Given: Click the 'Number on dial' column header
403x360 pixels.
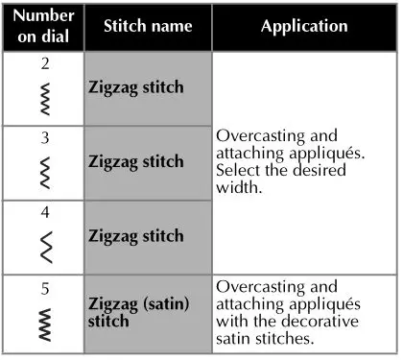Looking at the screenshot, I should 42,27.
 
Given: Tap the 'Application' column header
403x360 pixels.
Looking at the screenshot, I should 304,26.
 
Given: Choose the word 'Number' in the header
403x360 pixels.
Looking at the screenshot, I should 42,18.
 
